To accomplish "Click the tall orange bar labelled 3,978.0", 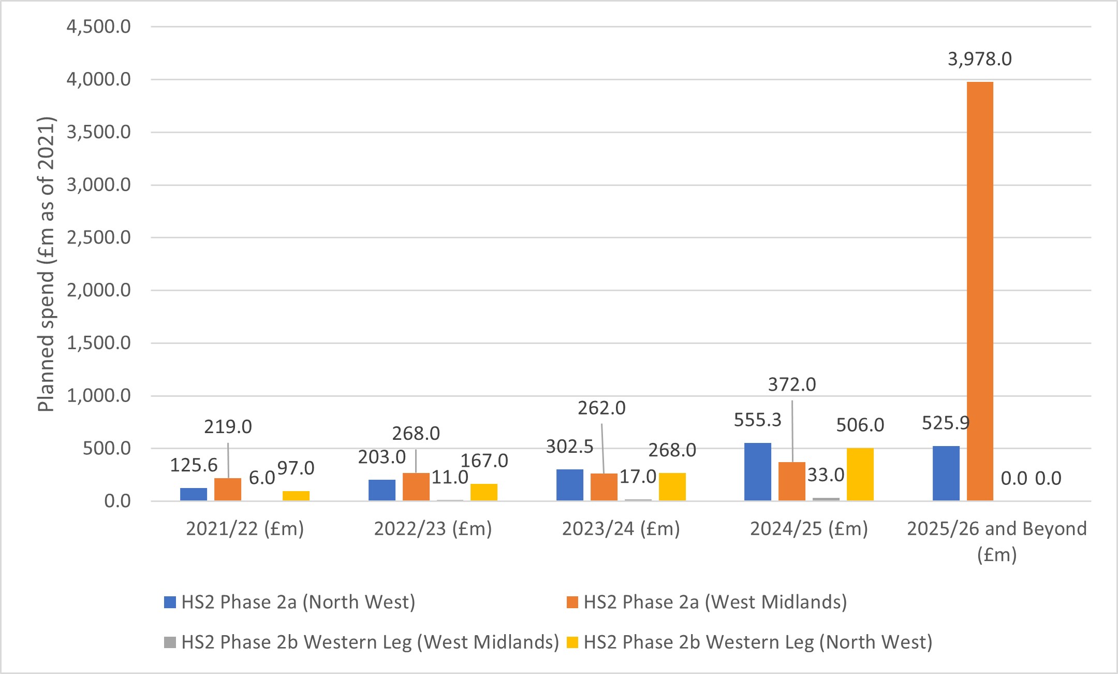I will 980,290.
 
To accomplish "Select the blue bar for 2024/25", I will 758,471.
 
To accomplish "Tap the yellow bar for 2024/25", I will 860,474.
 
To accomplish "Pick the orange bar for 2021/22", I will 228,489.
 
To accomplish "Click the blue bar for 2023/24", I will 570,485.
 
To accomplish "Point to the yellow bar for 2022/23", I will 484,492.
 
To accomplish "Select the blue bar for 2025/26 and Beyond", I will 946,473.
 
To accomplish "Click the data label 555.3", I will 757,420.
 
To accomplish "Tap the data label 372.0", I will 791,384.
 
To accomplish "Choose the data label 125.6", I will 194,465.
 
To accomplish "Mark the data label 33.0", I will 826,475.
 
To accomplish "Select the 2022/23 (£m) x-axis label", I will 433,528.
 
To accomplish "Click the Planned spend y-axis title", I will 47,264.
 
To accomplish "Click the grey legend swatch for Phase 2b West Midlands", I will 170,642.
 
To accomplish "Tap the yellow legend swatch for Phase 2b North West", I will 572,642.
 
